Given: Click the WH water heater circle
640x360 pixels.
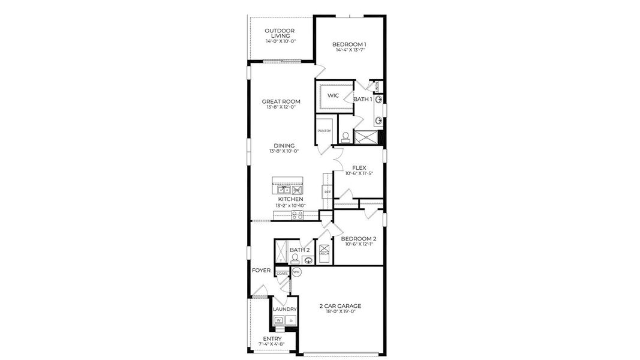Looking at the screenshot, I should (296, 272).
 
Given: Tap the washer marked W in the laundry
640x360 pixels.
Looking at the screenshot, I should (279, 321).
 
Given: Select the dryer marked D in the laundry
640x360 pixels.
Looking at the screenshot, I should (291, 321).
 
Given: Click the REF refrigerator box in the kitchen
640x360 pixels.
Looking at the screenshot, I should (327, 192).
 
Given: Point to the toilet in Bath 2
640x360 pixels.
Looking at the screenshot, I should (295, 258).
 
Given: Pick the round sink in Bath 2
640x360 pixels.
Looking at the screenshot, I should (308, 260).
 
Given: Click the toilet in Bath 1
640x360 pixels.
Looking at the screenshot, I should (345, 137).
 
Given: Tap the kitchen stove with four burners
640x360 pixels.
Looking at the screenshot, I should (297, 215).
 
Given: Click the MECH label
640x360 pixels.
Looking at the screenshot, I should (324, 254).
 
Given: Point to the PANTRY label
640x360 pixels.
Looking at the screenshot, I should (324, 130).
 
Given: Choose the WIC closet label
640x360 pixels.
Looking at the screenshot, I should (333, 95).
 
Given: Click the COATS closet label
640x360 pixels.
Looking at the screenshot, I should (282, 274).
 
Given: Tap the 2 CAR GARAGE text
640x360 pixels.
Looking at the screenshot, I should (340, 305).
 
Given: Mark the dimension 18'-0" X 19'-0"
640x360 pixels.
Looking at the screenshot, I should (340, 311).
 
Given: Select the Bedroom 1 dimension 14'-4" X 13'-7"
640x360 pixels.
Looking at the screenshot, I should (349, 50).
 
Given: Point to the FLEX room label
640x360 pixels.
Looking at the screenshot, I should (359, 167).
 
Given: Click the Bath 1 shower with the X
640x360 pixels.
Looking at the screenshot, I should (366, 137).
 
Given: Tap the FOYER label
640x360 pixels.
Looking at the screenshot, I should (262, 271).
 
